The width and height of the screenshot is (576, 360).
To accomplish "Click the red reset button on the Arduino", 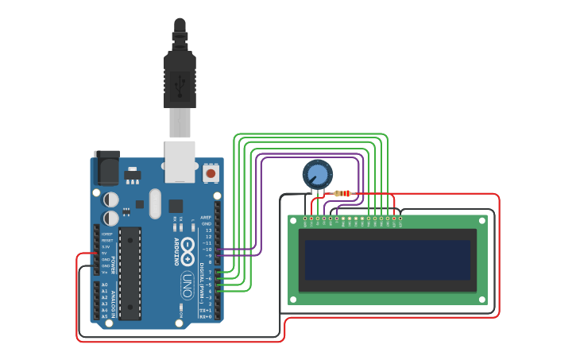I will [211, 172].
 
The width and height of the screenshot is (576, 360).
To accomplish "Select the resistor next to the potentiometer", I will [342, 193].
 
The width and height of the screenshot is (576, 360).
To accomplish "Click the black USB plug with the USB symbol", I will [180, 79].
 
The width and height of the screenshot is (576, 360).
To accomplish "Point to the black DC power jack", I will [106, 168].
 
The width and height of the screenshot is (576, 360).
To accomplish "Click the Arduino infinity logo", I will [187, 250].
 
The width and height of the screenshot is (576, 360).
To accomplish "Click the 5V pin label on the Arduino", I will [105, 253].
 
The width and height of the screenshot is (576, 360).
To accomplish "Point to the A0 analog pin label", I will [104, 285].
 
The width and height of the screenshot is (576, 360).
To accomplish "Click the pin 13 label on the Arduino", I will [208, 230].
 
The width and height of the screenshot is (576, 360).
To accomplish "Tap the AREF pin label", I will [207, 217].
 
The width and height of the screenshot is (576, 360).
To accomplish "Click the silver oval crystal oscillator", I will [154, 203].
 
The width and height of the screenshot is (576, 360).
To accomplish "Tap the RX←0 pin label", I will [206, 316].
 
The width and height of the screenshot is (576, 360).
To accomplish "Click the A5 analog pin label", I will [104, 316].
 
